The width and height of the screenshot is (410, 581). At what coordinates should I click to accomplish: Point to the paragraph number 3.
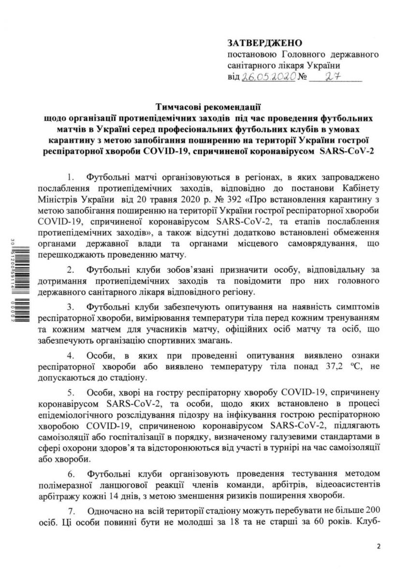[70, 307]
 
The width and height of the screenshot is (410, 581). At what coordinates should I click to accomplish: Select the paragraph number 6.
[70, 473]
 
